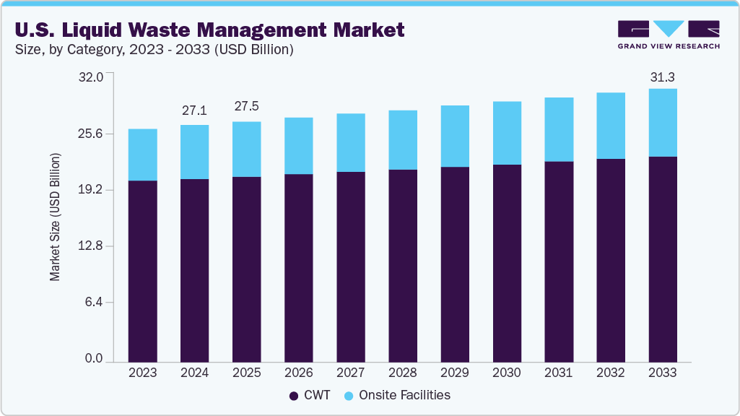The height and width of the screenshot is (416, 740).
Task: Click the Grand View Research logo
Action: tap(668, 35)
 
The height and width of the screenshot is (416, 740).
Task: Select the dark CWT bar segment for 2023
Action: tap(142, 271)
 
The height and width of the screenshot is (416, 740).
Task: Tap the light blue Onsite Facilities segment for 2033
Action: tap(662, 123)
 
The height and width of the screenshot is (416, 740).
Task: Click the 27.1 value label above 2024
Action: tap(194, 110)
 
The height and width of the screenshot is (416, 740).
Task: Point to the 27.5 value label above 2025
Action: tap(246, 106)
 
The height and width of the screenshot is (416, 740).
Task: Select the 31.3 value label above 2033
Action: tap(662, 77)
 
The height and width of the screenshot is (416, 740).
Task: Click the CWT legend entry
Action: tap(310, 395)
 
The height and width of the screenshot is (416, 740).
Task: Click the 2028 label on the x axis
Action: tap(402, 373)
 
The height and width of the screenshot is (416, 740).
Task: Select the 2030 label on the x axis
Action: tap(506, 373)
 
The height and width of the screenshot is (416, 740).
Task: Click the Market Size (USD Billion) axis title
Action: tap(55, 217)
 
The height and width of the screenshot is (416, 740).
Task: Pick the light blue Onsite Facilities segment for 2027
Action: tap(350, 142)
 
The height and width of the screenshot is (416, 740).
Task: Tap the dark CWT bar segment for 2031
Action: tap(558, 261)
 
